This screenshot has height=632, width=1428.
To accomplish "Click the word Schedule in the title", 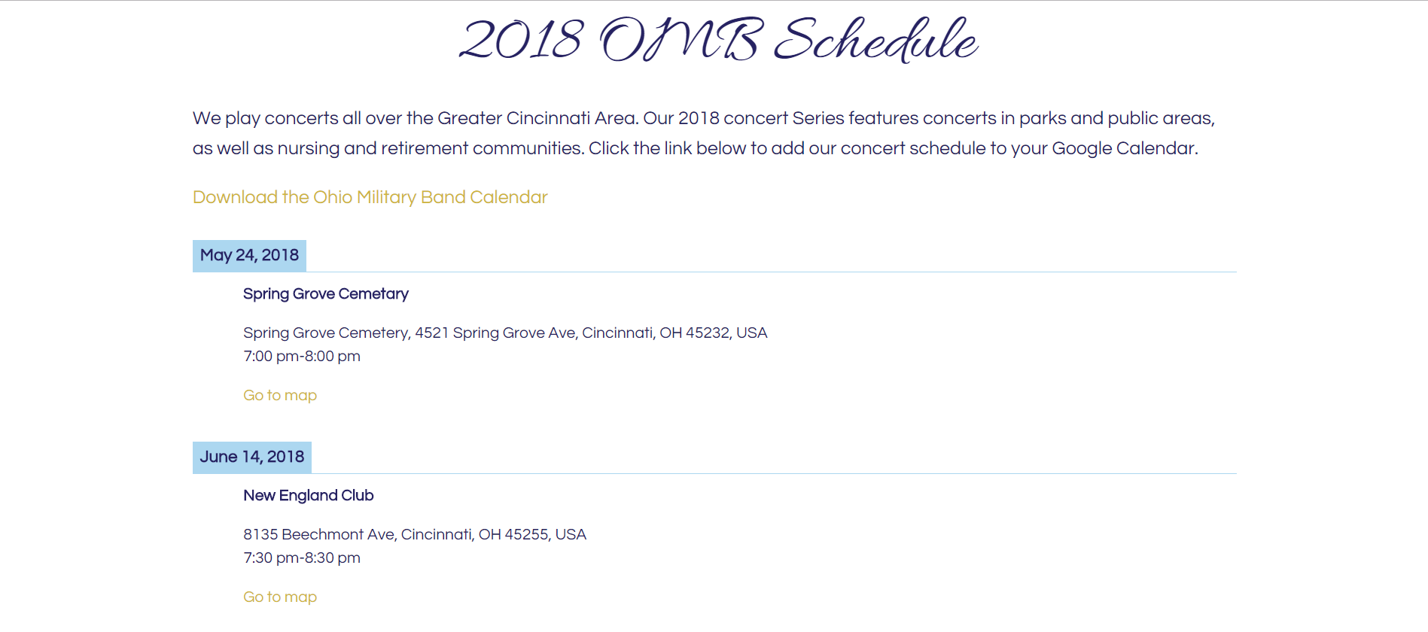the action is coord(876,40).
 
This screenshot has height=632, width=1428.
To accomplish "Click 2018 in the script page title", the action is coord(521,40).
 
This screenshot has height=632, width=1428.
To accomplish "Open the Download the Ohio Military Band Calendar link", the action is coord(370,197).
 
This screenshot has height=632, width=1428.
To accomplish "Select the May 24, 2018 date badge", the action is coord(249,256).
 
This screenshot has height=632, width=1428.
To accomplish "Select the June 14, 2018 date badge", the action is coord(252,457).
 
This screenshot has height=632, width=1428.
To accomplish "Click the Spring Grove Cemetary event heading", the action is coord(326,294).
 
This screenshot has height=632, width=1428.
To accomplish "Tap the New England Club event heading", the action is coord(309,496).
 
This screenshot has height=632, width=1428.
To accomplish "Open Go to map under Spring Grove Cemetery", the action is coord(280,396).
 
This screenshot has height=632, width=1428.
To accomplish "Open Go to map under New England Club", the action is coord(280,597).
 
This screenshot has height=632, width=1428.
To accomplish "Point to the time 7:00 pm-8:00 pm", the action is coord(302,357).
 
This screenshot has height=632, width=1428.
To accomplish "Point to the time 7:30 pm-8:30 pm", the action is coord(302,558).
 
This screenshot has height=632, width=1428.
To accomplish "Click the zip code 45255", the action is coord(526,534).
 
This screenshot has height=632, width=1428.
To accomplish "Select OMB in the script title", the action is coord(681,40).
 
